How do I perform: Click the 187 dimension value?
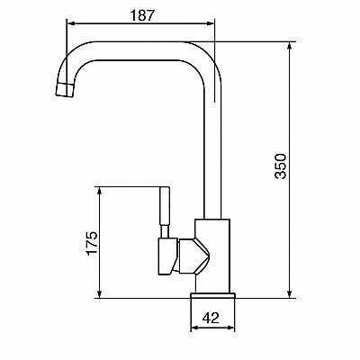click(x=142, y=15)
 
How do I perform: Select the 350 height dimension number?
click(x=281, y=166)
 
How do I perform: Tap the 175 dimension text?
click(x=92, y=243)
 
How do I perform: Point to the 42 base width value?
click(x=211, y=318)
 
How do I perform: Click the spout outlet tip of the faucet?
click(x=65, y=89)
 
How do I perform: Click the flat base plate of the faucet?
click(x=212, y=295)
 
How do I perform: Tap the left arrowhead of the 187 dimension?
click(x=70, y=23)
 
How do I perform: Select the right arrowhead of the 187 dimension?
click(x=211, y=23)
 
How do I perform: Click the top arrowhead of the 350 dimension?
click(x=289, y=46)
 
